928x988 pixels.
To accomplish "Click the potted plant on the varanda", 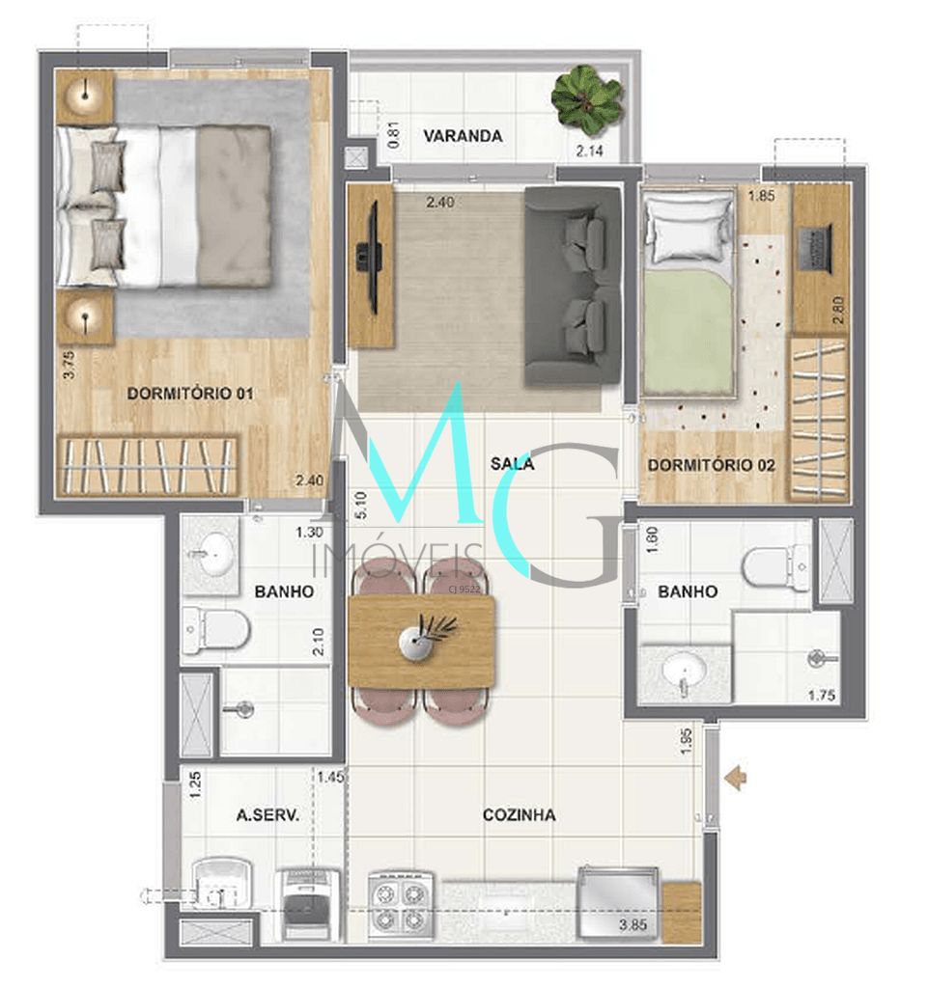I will [585, 99].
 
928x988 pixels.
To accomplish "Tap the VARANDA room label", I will [463, 136].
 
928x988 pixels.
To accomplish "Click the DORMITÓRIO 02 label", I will [711, 465].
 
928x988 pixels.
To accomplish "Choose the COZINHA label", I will [519, 815].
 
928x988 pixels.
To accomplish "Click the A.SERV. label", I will [267, 815].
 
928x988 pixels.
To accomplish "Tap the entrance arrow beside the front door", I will [737, 777].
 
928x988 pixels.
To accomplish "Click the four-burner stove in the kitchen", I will [401, 904].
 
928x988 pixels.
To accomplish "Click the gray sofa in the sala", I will [572, 288].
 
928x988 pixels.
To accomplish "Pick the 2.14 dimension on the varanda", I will [590, 151].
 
